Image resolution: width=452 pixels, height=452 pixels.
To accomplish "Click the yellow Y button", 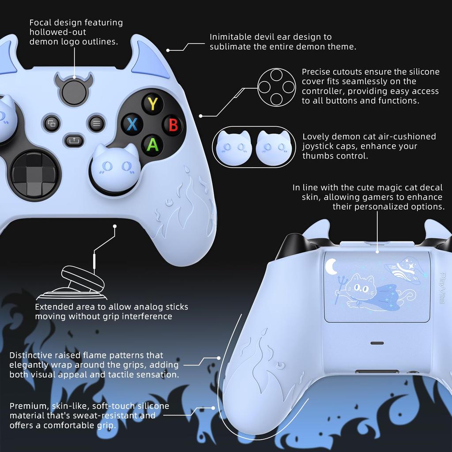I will pyautogui.click(x=153, y=104).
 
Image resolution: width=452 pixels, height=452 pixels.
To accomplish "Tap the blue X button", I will pyautogui.click(x=132, y=124).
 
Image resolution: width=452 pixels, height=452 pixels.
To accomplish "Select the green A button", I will pyautogui.click(x=152, y=144).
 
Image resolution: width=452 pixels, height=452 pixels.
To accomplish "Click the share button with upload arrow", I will pyautogui.click(x=73, y=141).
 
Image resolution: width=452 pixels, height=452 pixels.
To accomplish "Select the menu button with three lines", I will pyautogui.click(x=96, y=123).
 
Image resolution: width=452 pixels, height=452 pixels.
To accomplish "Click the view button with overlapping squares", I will pyautogui.click(x=52, y=123).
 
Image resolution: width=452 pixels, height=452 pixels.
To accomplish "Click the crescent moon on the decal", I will pyautogui.click(x=331, y=266).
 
